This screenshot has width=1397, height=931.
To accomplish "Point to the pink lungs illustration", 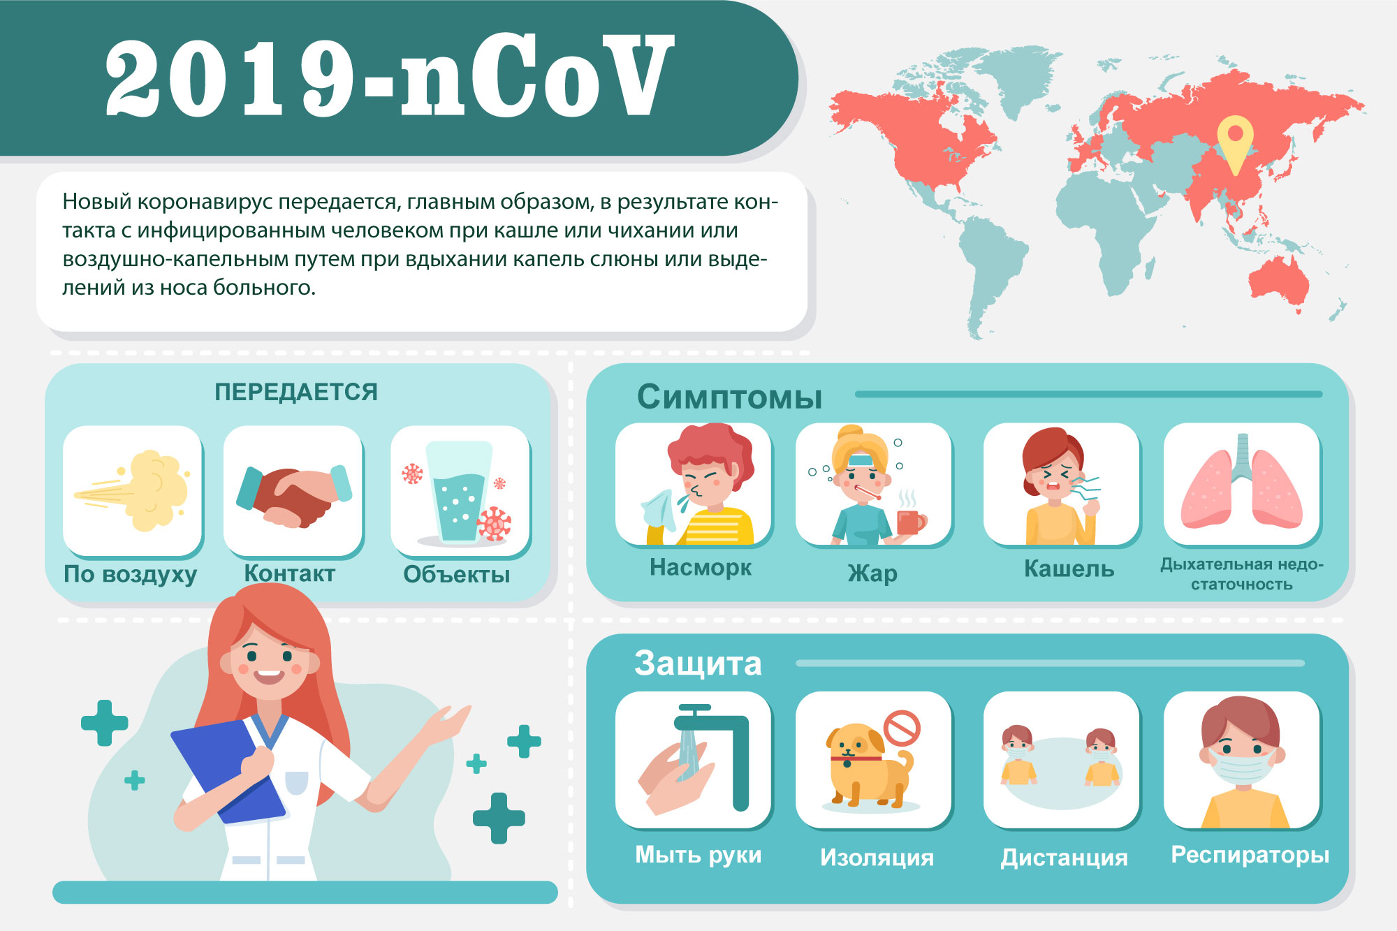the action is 1242,482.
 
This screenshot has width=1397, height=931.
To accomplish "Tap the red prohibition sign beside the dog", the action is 902,728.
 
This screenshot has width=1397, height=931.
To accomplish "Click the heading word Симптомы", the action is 729,397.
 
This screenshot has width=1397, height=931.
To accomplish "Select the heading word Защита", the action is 698,663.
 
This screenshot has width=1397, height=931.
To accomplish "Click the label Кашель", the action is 1069,569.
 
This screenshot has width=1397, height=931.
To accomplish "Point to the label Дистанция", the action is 1064,857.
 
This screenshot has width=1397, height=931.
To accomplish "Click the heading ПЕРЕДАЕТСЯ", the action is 296,392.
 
